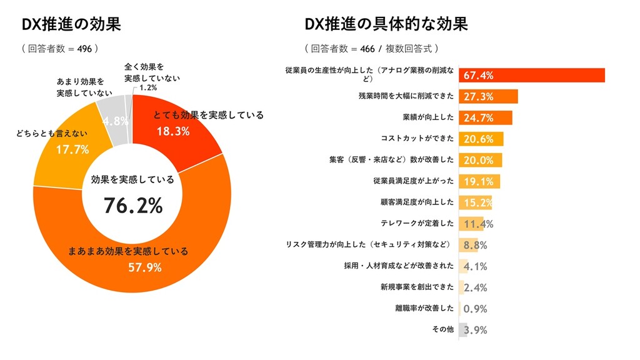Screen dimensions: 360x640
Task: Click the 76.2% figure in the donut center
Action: (x=133, y=205)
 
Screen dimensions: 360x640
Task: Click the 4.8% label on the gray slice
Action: (x=115, y=121)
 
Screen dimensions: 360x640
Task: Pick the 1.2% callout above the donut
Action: (x=148, y=88)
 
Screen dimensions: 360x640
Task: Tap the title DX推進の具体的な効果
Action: (x=386, y=24)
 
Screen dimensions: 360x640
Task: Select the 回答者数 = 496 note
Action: (x=60, y=48)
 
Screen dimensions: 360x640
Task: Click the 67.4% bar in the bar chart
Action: (x=532, y=75)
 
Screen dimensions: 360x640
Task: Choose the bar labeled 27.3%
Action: (x=488, y=96)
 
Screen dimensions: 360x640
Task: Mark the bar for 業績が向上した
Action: (x=486, y=117)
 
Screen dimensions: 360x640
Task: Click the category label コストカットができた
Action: (x=417, y=138)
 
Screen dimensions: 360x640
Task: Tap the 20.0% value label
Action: (x=479, y=160)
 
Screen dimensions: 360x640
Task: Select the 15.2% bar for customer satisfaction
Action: (x=476, y=202)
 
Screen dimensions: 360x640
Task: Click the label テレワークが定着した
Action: (x=417, y=223)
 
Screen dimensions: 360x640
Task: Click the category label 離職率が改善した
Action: (x=424, y=308)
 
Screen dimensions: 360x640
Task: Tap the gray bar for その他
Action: (x=463, y=329)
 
